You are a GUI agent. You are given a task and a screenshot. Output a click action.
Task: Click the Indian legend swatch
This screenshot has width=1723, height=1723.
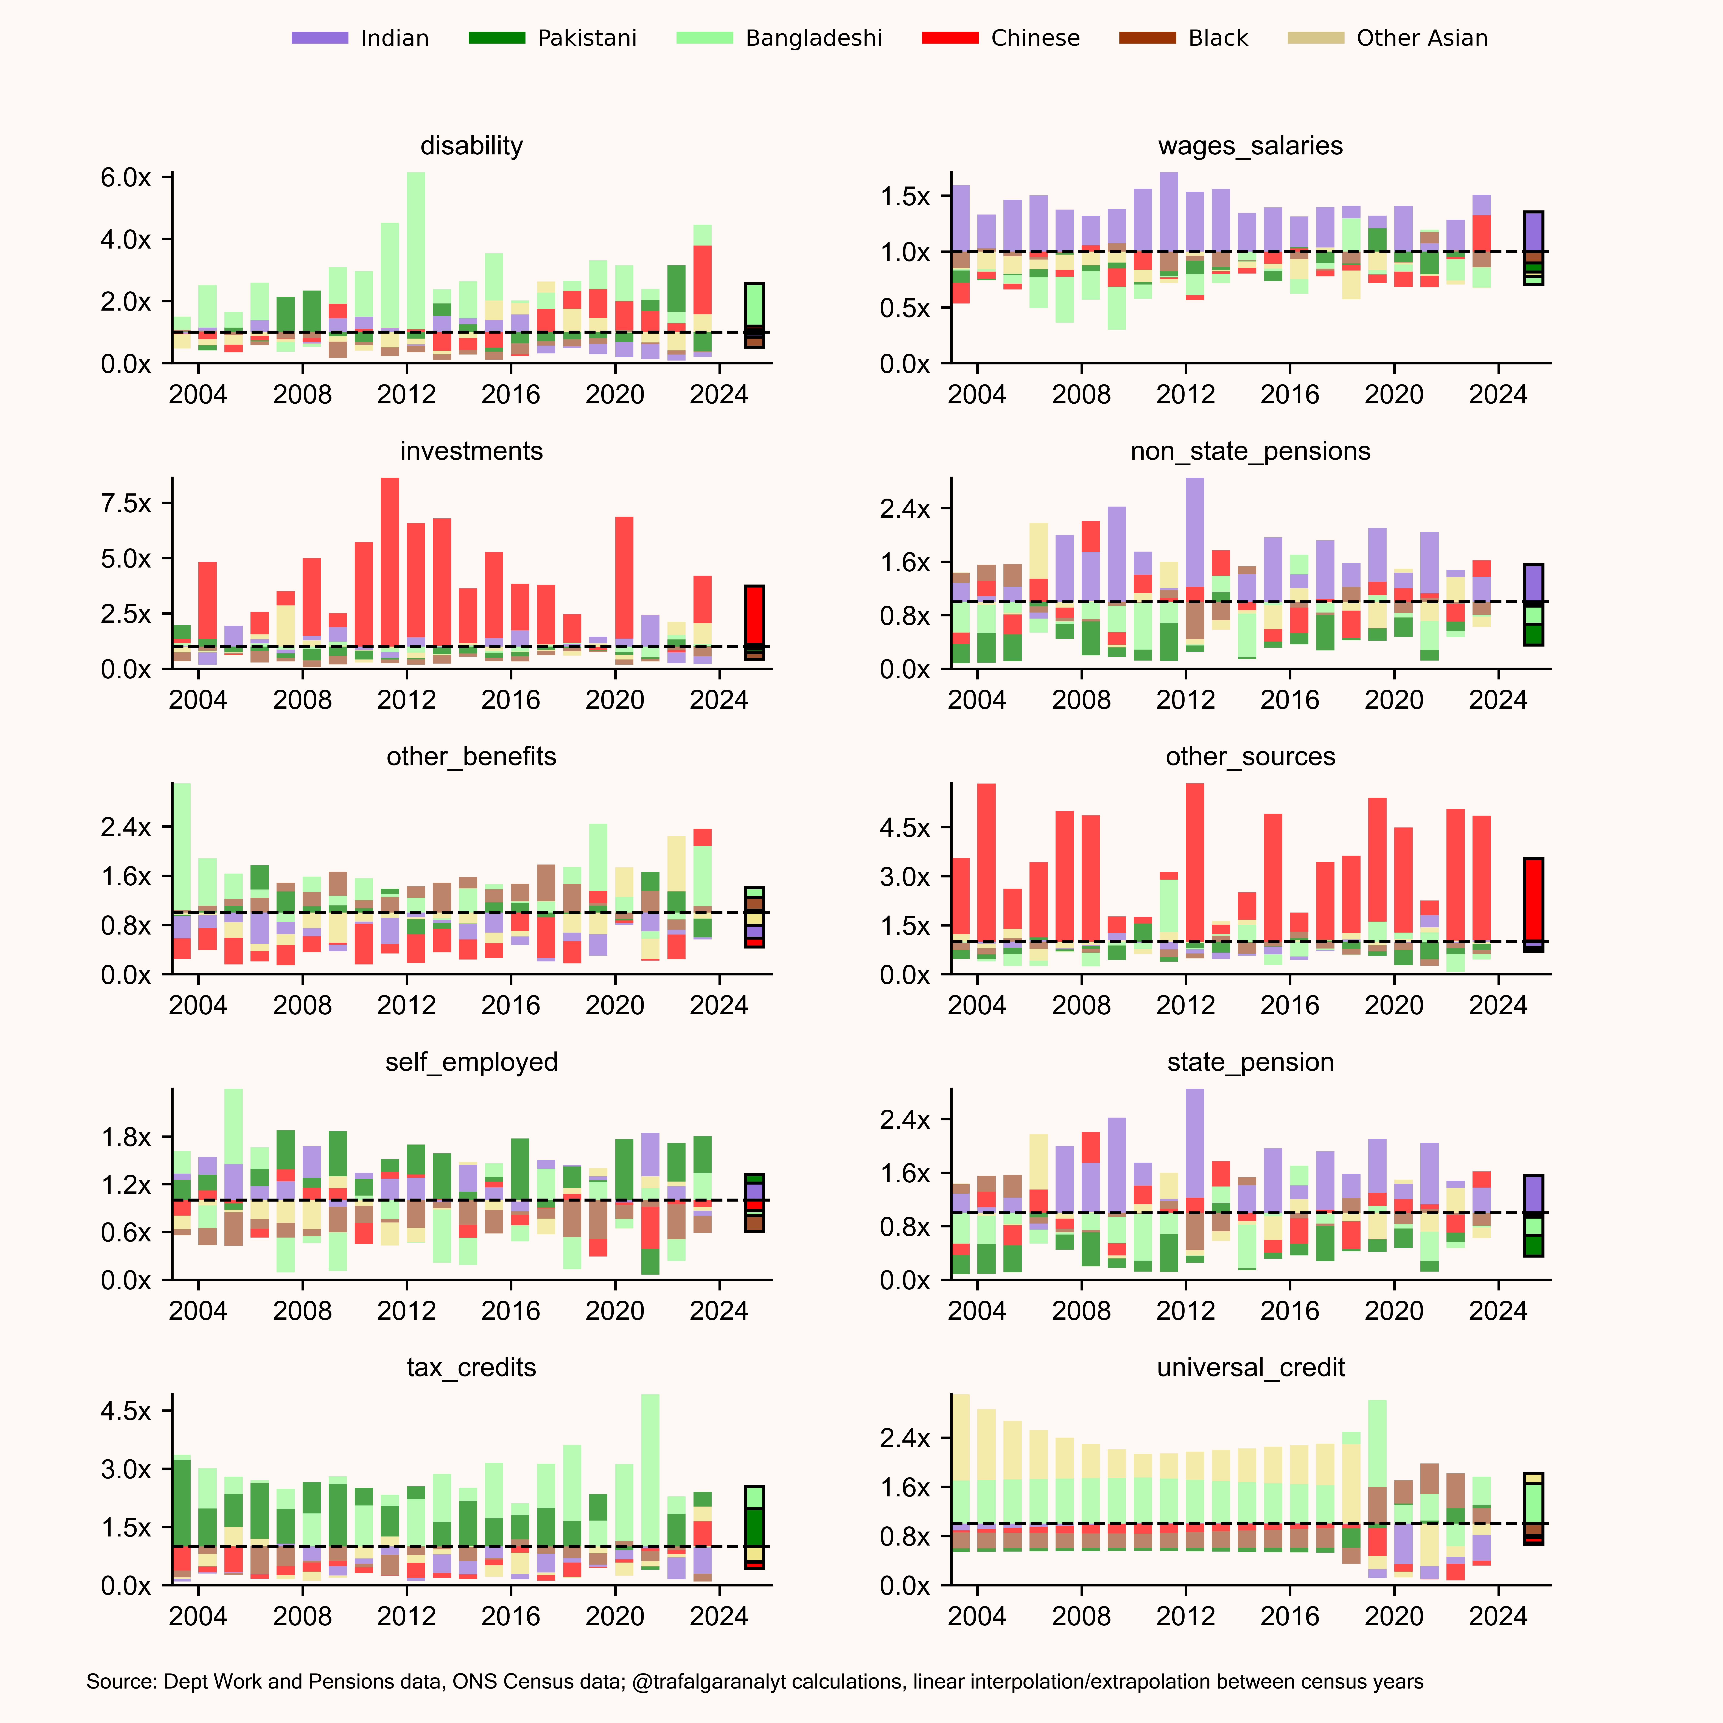(319, 37)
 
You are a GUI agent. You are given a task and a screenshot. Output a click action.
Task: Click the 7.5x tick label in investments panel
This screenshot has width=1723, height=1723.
(126, 503)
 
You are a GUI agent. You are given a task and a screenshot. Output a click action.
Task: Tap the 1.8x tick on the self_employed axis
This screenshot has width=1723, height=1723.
(126, 1137)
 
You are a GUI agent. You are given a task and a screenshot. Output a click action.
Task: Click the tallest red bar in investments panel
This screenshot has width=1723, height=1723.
(390, 562)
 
